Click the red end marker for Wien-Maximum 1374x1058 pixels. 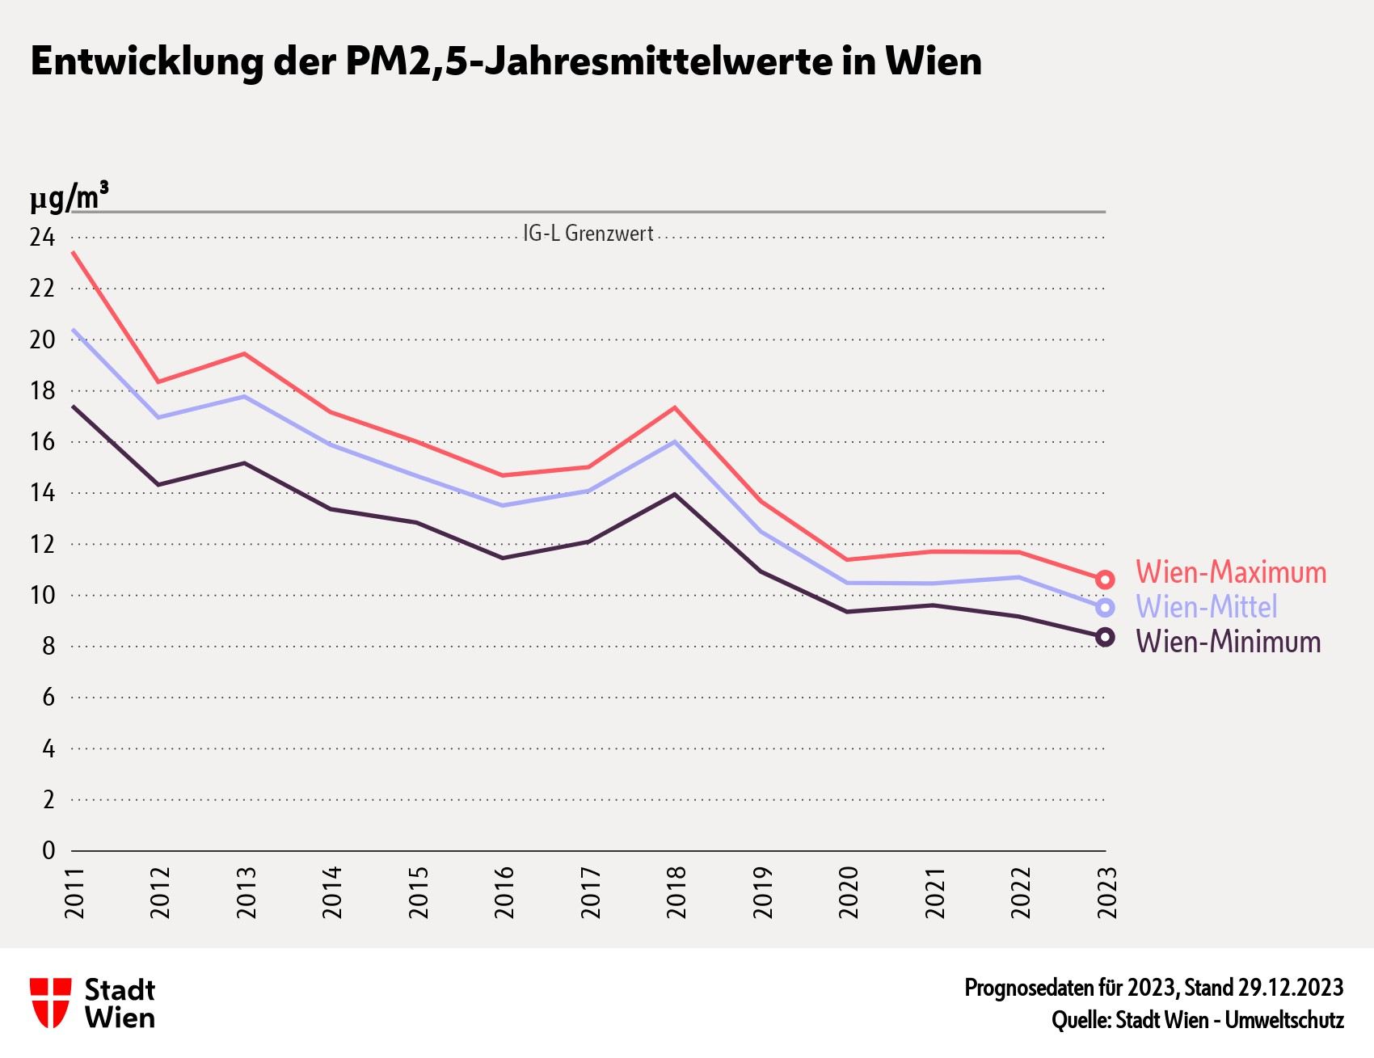[1105, 580]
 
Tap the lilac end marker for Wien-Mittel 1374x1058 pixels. [1105, 608]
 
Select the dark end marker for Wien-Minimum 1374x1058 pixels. [1105, 637]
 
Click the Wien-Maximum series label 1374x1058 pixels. [1231, 572]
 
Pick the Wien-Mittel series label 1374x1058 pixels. [1207, 606]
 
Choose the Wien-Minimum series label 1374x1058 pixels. [1229, 642]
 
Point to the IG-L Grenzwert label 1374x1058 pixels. [588, 234]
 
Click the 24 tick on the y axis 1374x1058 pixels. [42, 238]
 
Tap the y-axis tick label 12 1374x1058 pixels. [42, 544]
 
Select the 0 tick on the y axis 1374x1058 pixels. [48, 850]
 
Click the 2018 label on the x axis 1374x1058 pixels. [676, 892]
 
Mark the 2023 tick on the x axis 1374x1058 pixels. [1106, 892]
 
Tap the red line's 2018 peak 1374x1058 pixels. [675, 407]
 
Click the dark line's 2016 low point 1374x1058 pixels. [503, 558]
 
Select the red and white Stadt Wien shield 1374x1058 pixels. [50, 1003]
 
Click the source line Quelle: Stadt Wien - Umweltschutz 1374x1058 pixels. [1197, 1020]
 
